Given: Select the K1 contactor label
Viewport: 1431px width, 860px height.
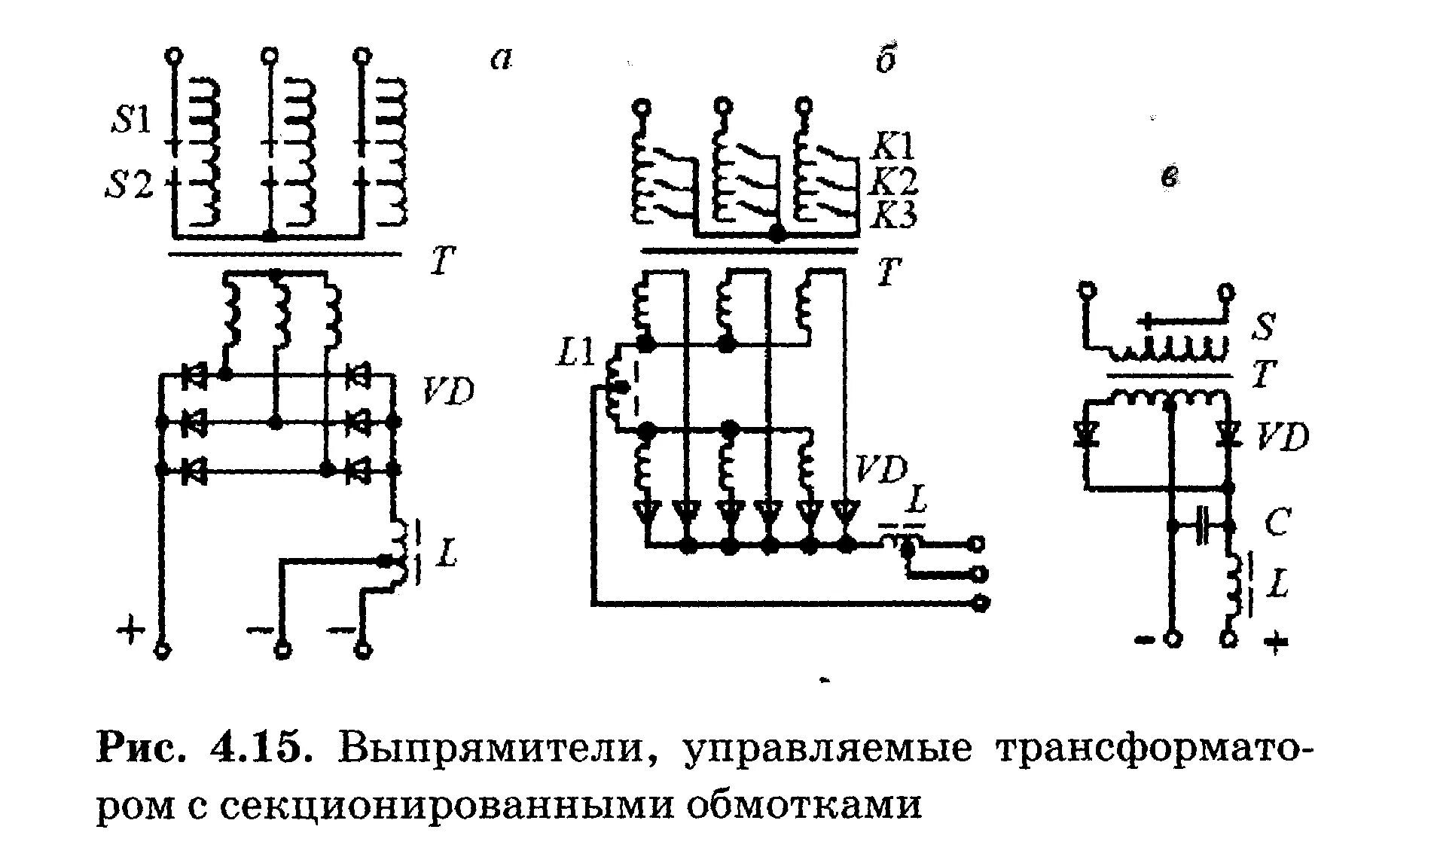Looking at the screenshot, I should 893,144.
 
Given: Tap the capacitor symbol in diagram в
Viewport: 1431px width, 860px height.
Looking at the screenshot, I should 1203,525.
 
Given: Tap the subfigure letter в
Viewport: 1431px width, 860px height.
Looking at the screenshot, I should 1170,176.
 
